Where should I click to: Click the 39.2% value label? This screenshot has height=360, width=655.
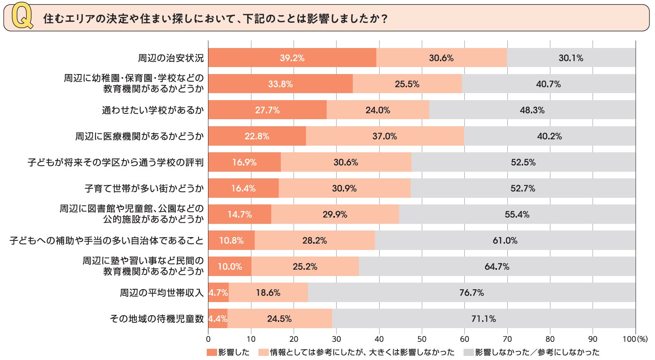[x=292, y=58]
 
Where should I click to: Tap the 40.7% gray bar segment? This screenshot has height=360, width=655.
[x=548, y=84]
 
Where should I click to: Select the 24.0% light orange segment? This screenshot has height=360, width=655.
[x=378, y=110]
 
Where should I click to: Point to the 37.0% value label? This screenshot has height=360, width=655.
[x=385, y=136]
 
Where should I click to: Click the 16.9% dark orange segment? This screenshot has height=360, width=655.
[x=244, y=162]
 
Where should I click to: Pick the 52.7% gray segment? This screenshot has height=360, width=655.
[x=523, y=188]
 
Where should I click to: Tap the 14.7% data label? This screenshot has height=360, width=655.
[x=240, y=214]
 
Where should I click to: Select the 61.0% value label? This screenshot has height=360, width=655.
[x=505, y=240]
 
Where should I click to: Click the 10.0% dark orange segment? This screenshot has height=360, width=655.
[x=230, y=266]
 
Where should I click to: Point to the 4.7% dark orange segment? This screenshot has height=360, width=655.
[x=218, y=293]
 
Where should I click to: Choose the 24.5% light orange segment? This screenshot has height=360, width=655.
[x=280, y=319]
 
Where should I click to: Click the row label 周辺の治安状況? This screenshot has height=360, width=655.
[x=171, y=58]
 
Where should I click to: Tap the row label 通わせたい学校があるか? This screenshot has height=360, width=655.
[x=153, y=110]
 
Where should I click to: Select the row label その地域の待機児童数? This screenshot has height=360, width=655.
[x=157, y=319]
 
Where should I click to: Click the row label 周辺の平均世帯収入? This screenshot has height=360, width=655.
[x=162, y=293]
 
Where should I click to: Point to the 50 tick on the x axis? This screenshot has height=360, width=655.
[x=422, y=339]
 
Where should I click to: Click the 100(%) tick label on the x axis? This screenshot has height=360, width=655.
[x=635, y=339]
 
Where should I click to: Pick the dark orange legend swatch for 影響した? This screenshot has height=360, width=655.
[x=212, y=353]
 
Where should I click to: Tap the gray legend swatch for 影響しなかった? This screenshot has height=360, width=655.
[x=469, y=353]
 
